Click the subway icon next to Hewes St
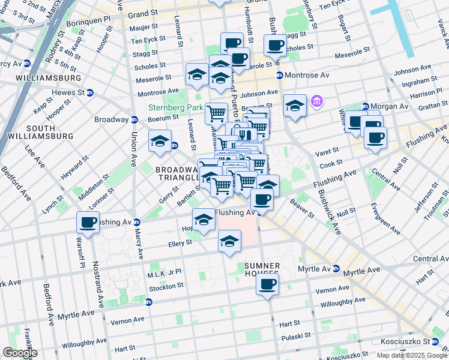(90, 92)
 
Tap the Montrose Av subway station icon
(280, 75)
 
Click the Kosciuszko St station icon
(443, 341)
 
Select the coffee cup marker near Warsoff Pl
(88, 223)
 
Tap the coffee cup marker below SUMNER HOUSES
(267, 284)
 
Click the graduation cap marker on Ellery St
(229, 241)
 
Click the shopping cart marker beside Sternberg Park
(216, 112)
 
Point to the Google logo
(19, 353)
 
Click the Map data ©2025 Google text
(412, 355)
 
